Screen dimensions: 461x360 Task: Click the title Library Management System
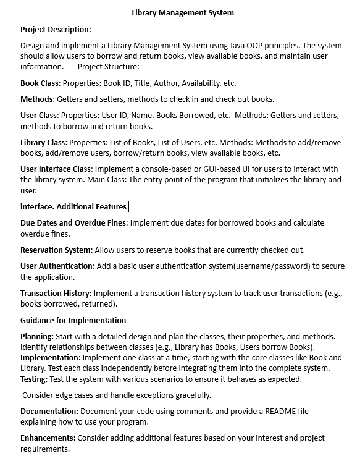(x=183, y=12)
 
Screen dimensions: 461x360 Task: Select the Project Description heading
(x=56, y=29)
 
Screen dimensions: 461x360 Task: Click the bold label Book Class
(x=40, y=83)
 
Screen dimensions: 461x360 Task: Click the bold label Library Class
(x=43, y=142)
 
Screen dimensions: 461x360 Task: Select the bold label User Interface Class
(x=56, y=169)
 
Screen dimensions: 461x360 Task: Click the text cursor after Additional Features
(x=128, y=207)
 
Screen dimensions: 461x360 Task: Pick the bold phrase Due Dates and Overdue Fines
(x=73, y=222)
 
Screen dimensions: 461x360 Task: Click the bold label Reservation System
(x=56, y=250)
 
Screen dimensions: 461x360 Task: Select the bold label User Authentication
(x=57, y=266)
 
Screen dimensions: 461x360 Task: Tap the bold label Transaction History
(x=56, y=293)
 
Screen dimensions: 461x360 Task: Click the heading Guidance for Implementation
(x=73, y=320)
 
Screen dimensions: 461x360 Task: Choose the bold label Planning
(x=36, y=336)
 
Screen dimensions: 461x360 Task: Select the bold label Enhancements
(x=48, y=438)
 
